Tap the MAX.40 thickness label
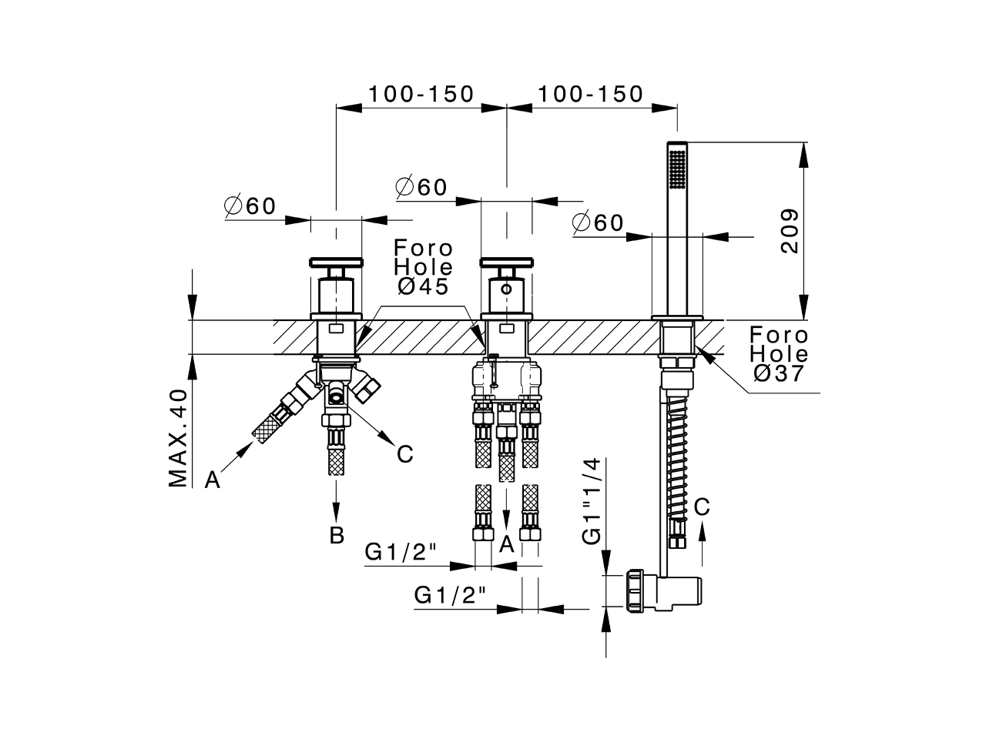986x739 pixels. click(179, 439)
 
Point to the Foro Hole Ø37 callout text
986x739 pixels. click(780, 354)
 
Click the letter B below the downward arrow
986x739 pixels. click(337, 536)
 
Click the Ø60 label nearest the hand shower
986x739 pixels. click(598, 223)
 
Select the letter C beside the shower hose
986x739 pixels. click(701, 507)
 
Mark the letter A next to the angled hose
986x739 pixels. click(213, 481)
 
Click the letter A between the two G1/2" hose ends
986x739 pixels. click(506, 544)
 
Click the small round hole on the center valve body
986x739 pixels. click(505, 290)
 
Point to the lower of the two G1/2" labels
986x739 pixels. click(451, 595)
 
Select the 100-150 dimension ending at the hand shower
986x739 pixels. click(590, 94)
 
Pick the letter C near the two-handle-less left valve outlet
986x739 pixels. click(404, 454)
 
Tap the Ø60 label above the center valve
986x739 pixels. click(421, 187)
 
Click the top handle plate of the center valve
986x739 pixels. click(505, 262)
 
